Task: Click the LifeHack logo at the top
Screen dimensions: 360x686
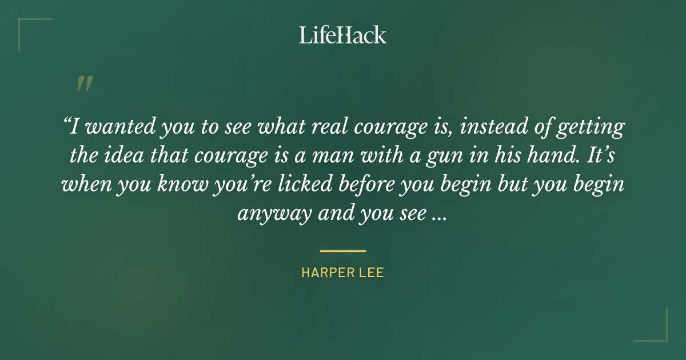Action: pyautogui.click(x=343, y=35)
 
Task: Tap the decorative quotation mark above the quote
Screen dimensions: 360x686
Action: pyautogui.click(x=85, y=83)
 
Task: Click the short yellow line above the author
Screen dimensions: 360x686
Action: pyautogui.click(x=343, y=251)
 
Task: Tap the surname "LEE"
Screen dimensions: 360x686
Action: pyautogui.click(x=372, y=273)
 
